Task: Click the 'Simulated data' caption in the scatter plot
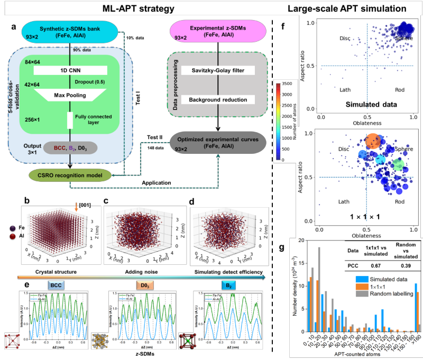(x=371, y=104)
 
